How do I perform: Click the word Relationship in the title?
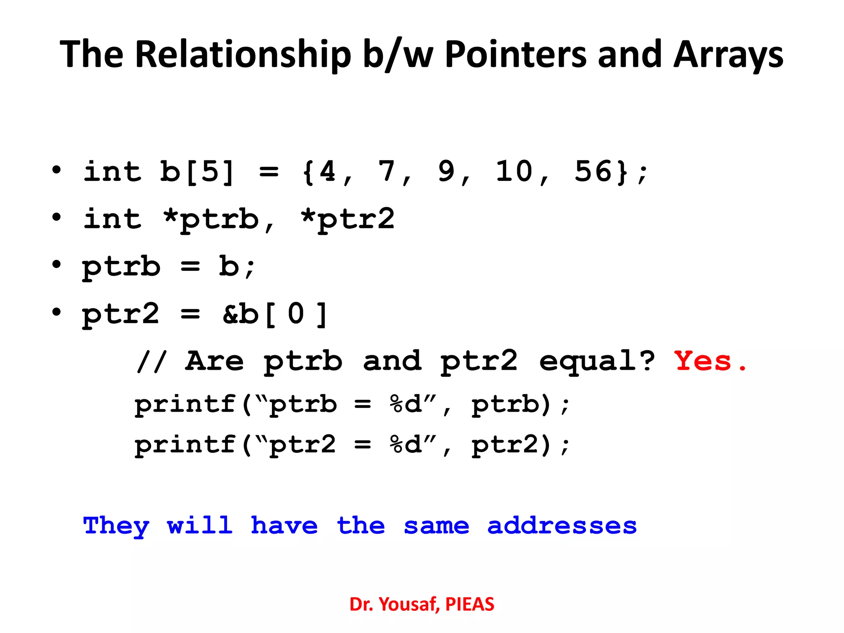pyautogui.click(x=243, y=55)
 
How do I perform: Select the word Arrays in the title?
pyautogui.click(x=728, y=55)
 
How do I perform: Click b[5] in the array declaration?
pyautogui.click(x=197, y=172)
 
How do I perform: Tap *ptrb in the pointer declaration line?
pyautogui.click(x=211, y=219)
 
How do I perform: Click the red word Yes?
pyautogui.click(x=703, y=361)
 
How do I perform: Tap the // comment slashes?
pyautogui.click(x=151, y=361)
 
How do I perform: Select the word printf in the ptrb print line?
pyautogui.click(x=185, y=404)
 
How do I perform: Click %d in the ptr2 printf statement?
pyautogui.click(x=406, y=445)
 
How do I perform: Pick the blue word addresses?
pyautogui.click(x=562, y=526)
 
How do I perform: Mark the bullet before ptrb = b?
pyautogui.click(x=56, y=265)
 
